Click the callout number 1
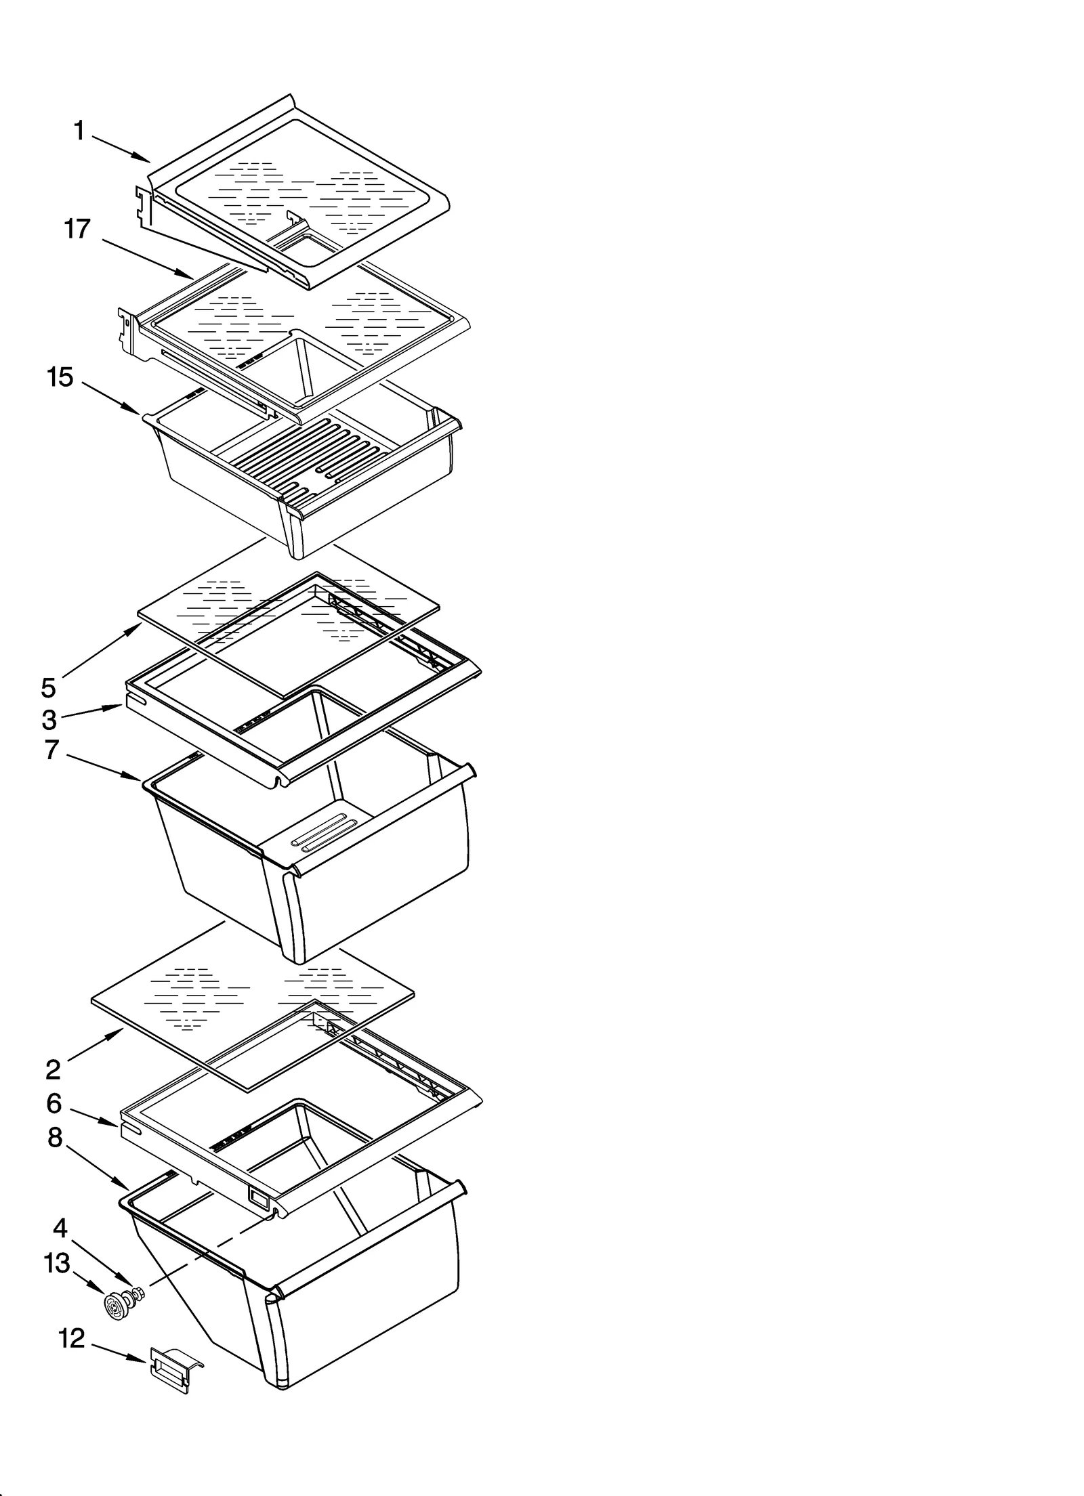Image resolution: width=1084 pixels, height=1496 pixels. [79, 131]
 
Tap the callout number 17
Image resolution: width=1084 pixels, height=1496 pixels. [77, 229]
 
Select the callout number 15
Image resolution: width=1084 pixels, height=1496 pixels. [60, 377]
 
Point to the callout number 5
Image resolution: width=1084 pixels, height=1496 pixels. [48, 687]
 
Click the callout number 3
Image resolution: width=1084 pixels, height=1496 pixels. [49, 720]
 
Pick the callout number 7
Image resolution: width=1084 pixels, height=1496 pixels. [51, 750]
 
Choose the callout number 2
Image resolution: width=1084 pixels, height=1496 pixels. [53, 1069]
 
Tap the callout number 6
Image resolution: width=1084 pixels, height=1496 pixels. [54, 1103]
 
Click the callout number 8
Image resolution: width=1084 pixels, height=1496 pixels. [55, 1138]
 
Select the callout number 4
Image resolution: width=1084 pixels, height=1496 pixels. [60, 1227]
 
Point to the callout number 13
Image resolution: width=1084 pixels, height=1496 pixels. [56, 1263]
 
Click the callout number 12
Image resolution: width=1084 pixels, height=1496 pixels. [71, 1338]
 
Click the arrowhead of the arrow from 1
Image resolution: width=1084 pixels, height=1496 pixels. [148, 161]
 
